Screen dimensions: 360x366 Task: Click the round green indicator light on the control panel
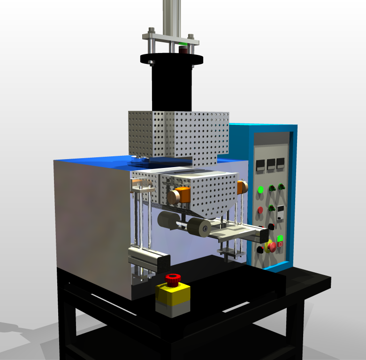tap(260, 190)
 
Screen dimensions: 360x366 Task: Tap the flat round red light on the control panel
tap(260, 210)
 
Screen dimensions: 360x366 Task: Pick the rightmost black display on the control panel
tap(281, 163)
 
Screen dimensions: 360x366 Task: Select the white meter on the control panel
tap(281, 213)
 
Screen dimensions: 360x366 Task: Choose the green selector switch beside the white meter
tap(271, 207)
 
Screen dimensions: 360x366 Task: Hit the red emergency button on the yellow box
tap(173, 279)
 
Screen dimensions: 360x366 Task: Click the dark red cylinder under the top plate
tap(183, 49)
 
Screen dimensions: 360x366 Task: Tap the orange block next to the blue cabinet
tap(242, 187)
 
